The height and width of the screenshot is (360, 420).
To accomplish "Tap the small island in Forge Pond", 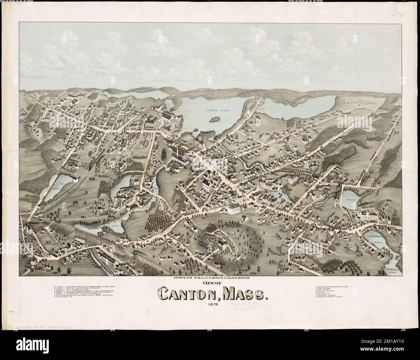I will click(214, 120).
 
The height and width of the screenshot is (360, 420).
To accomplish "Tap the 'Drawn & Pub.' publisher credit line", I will click(210, 278).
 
